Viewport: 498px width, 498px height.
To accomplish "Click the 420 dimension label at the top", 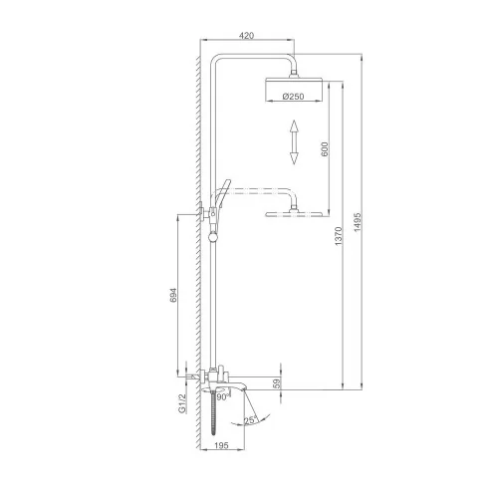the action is point(246,35).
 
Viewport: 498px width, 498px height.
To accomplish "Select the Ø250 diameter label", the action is point(294,97).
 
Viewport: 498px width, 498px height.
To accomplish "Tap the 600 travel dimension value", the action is point(325,149).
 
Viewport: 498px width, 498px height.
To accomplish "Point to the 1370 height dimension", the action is point(339,236).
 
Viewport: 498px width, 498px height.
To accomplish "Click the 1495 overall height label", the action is point(358,222).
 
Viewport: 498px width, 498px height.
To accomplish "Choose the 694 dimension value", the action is point(173,295).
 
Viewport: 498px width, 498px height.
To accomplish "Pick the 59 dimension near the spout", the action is point(277,383).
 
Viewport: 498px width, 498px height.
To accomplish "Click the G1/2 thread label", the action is point(182,403).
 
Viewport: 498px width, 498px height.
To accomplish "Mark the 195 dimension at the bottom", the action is point(222,445).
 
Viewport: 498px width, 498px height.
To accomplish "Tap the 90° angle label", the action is point(222,397).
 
